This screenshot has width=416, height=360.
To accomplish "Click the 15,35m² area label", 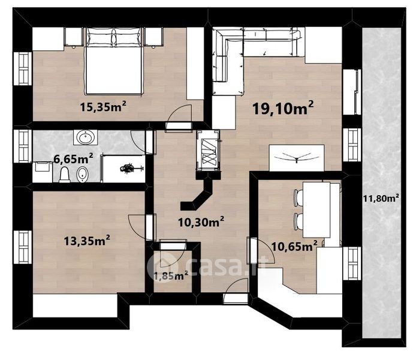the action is point(103,106).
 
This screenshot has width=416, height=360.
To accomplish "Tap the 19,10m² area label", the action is point(283,107).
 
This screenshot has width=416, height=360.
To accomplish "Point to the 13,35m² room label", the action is point(87,241).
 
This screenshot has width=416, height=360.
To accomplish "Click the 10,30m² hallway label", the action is point(201,221).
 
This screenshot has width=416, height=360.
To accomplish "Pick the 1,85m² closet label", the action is point(171,275).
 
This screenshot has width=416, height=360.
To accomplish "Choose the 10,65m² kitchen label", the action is point(294,246).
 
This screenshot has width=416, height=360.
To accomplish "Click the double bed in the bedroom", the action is point(113,61).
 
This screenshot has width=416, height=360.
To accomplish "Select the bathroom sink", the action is point(86,137).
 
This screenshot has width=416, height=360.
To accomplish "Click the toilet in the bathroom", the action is point(65,175).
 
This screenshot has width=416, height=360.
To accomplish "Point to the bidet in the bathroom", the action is point(82,175).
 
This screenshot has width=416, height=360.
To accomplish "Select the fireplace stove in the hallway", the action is point(208,150).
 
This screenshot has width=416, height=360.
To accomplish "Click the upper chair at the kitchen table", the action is point(299,197).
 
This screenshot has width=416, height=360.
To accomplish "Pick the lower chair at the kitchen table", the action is point(299,222).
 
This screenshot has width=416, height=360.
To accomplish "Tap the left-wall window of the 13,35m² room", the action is point(23,247).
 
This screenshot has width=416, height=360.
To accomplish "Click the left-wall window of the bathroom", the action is point(23,146).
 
